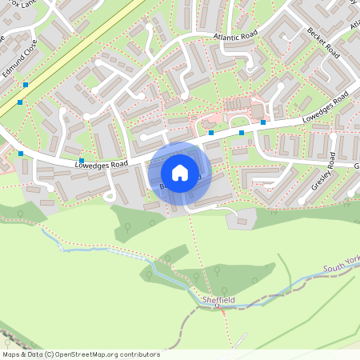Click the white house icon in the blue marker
(180, 172)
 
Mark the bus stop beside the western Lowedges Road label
(82, 161)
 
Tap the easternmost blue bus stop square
(263, 122)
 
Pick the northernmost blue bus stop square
(26, 85)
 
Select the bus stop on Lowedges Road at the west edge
(21, 154)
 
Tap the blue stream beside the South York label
(304, 280)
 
